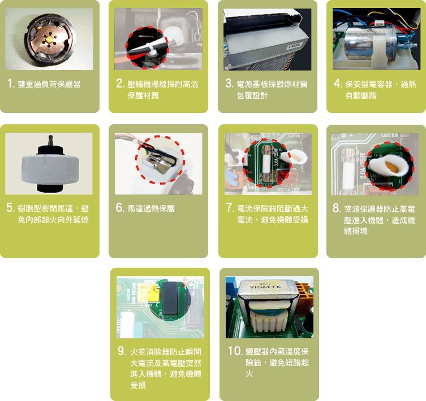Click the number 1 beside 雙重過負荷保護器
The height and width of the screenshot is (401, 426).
[11, 83]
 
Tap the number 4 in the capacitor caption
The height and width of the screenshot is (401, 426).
[338, 83]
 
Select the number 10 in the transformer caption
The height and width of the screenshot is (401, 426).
[235, 351]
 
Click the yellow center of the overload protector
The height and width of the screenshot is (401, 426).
[50, 40]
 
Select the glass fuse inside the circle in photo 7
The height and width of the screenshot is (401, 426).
[266, 163]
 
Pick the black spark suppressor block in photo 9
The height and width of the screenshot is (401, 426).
[170, 300]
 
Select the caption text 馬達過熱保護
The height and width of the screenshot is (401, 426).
[151, 208]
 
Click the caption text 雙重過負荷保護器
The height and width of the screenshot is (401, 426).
[49, 84]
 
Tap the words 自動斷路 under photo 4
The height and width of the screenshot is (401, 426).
[361, 95]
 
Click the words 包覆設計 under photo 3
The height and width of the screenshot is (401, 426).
[252, 95]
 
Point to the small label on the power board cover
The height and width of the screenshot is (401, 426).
[295, 46]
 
